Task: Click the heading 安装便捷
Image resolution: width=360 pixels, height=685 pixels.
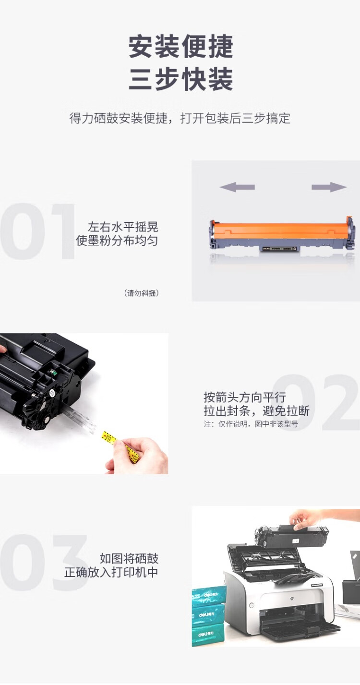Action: [x=181, y=47]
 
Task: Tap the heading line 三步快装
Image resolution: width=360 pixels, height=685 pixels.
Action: [x=181, y=80]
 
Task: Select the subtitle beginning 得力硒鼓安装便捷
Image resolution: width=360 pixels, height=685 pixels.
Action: [x=180, y=119]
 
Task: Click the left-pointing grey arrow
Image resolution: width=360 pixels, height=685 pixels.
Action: [x=237, y=187]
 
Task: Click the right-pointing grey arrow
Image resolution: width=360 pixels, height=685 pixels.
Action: [x=329, y=187]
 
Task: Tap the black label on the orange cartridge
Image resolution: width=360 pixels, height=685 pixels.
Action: [x=279, y=249]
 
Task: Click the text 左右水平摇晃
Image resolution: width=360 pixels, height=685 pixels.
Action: [x=123, y=227]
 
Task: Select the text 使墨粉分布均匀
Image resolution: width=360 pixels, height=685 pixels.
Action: [x=117, y=240]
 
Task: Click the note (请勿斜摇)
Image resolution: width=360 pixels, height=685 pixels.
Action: [x=142, y=293]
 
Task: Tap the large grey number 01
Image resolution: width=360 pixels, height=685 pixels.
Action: [x=37, y=231]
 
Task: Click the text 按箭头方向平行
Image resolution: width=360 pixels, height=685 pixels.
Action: [x=245, y=397]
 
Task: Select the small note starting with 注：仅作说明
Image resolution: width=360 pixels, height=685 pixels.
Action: [x=251, y=424]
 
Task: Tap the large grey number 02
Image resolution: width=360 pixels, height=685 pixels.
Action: [x=315, y=402]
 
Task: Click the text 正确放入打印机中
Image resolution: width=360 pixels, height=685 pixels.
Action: [x=111, y=572]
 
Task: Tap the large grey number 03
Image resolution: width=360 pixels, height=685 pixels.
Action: [x=44, y=563]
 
